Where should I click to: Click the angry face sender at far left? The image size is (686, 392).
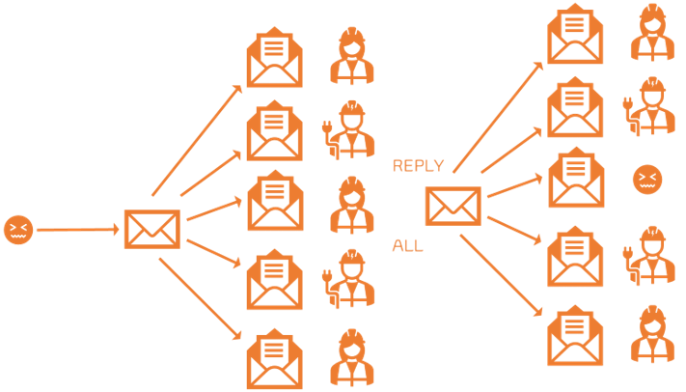[18, 230]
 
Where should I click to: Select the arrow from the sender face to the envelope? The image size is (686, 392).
[78, 230]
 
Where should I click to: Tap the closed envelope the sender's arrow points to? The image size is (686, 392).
[152, 229]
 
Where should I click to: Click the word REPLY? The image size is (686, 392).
[418, 165]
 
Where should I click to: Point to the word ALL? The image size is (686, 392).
[408, 245]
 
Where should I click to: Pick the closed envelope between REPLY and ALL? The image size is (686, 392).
[453, 206]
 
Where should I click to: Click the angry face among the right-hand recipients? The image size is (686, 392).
[647, 180]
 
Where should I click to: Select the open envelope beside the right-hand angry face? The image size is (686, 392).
[576, 178]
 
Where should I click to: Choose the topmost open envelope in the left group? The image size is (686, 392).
[275, 57]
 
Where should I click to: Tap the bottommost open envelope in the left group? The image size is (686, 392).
[275, 359]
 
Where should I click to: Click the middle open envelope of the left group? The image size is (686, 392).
[276, 201]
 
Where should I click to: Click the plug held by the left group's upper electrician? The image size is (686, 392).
[326, 127]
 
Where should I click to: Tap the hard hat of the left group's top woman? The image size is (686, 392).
[352, 34]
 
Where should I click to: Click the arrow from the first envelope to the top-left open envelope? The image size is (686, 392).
[197, 140]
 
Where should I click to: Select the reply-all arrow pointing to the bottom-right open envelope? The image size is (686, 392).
[502, 275]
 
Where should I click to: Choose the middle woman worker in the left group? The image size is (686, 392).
[352, 205]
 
